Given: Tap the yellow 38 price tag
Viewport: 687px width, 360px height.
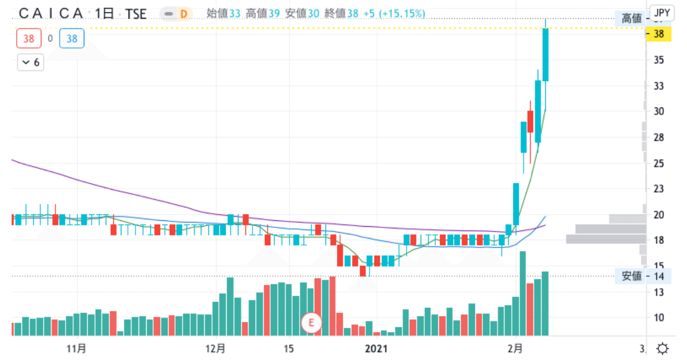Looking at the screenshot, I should coord(659,34).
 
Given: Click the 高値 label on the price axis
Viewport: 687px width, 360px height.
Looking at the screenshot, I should coord(632,19).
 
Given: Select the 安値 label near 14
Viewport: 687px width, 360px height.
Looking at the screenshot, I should coord(632,276).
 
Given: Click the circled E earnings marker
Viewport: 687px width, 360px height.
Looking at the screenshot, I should coord(311,322).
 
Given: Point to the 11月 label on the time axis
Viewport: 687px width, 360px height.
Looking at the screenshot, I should coord(78,348).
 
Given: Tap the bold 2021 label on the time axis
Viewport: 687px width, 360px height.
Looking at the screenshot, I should coord(377,348).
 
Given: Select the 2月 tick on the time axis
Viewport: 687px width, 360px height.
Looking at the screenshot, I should coord(515,348).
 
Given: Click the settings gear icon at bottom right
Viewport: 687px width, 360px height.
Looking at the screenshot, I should coord(663,348).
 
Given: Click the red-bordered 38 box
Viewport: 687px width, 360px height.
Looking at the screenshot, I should coord(28,39).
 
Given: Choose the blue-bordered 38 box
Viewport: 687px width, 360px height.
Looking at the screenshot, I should coord(72,39).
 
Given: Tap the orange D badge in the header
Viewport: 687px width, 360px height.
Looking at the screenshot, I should coord(183,13).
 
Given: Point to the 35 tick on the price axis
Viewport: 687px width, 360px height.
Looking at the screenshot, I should coord(659,60).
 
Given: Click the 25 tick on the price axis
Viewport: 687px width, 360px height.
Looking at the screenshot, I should coord(659,163).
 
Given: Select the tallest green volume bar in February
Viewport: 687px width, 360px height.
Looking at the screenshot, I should coord(523,293).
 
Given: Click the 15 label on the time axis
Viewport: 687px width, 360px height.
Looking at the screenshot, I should coord(288,348).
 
